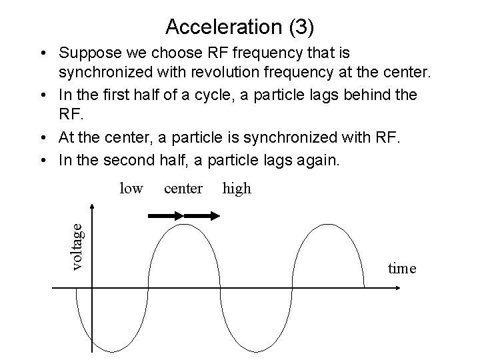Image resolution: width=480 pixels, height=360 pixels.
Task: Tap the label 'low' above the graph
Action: [x=131, y=189]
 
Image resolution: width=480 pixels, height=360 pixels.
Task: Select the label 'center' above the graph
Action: [x=183, y=189]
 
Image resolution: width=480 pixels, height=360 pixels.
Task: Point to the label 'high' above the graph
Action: [x=237, y=189]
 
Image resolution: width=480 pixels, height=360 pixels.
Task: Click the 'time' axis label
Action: [x=402, y=268]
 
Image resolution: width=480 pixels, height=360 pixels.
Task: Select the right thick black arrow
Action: [x=202, y=216]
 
